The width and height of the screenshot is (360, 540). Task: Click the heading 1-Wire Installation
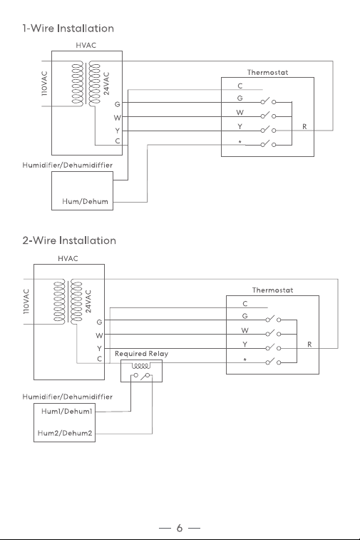pyautogui.click(x=68, y=29)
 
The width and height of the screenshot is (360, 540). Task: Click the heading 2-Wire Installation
pyautogui.click(x=69, y=240)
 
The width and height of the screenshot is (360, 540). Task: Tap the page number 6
pyautogui.click(x=180, y=528)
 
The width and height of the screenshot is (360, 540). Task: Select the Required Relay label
pyautogui.click(x=141, y=354)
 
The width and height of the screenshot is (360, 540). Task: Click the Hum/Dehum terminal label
pyautogui.click(x=85, y=201)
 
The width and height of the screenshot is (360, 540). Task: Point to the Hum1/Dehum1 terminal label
pyautogui.click(x=67, y=411)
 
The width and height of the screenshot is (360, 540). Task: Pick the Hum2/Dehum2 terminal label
pyautogui.click(x=65, y=433)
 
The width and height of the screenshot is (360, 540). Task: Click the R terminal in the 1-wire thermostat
pyautogui.click(x=304, y=127)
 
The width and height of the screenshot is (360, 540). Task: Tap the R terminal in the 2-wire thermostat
pyautogui.click(x=309, y=345)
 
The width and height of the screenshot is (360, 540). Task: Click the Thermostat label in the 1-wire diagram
pyautogui.click(x=267, y=72)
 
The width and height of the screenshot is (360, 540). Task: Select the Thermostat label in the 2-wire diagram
pyautogui.click(x=272, y=290)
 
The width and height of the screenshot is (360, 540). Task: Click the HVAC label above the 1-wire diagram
pyautogui.click(x=86, y=45)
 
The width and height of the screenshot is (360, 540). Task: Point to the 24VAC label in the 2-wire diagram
pyautogui.click(x=89, y=301)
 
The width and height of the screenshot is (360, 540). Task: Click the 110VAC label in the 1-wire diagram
pyautogui.click(x=44, y=83)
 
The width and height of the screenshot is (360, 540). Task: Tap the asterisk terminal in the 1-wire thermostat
pyautogui.click(x=240, y=142)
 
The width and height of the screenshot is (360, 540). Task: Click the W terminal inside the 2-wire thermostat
pyautogui.click(x=245, y=330)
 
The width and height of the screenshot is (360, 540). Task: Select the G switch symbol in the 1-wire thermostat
pyautogui.click(x=268, y=101)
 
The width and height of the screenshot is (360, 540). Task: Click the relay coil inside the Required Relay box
pyautogui.click(x=141, y=365)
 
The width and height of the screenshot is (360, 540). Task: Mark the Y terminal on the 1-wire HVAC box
pyautogui.click(x=118, y=131)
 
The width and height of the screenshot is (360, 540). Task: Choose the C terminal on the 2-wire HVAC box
pyautogui.click(x=100, y=359)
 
